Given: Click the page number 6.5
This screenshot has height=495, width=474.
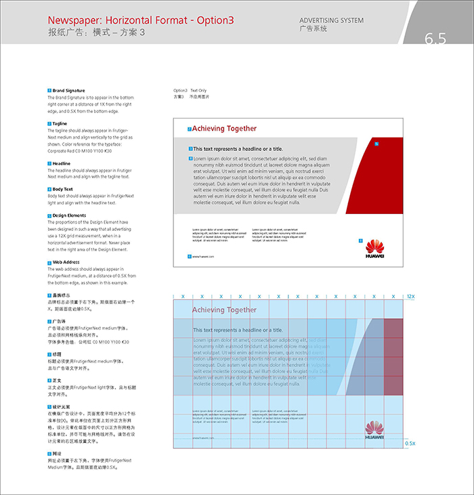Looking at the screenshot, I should [435, 39].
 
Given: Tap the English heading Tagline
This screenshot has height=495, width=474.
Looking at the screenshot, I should [60, 123].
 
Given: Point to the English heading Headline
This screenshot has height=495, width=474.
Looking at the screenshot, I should [62, 163].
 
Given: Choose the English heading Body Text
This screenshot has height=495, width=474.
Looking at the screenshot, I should [63, 189].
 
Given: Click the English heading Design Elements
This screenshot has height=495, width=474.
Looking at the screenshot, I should [69, 215].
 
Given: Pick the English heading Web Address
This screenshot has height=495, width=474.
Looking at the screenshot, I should [66, 261].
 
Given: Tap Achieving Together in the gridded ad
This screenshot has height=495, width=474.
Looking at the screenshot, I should [224, 310].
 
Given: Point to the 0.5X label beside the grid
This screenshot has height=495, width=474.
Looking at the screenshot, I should [410, 443].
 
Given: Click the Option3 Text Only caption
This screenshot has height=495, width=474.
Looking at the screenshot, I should [190, 90].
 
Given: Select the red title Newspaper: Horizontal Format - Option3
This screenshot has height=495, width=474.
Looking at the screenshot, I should [141, 20].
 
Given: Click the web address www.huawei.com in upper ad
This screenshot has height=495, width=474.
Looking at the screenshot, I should [202, 257].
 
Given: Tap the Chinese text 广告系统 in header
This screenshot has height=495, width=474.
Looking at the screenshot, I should [313, 29].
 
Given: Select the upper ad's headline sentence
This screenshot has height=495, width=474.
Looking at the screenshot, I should [238, 148].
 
